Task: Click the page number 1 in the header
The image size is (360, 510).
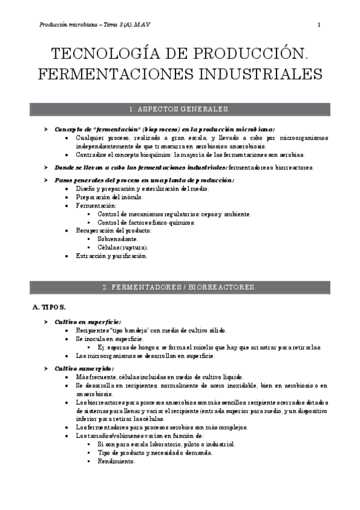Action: [319, 25]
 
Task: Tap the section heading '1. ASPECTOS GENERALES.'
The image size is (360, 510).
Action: [180, 109]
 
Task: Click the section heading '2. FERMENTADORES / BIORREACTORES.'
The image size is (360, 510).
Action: [180, 287]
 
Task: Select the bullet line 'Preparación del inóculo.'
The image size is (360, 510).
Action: [109, 197]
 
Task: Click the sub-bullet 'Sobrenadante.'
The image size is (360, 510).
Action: [118, 239]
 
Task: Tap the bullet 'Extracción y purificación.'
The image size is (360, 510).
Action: [111, 256]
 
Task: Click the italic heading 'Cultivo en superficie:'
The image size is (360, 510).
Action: [88, 322]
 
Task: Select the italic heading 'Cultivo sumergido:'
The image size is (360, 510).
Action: [84, 368]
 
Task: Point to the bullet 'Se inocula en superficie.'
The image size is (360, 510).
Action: [109, 339]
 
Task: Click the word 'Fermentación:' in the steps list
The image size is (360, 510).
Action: [94, 205]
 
